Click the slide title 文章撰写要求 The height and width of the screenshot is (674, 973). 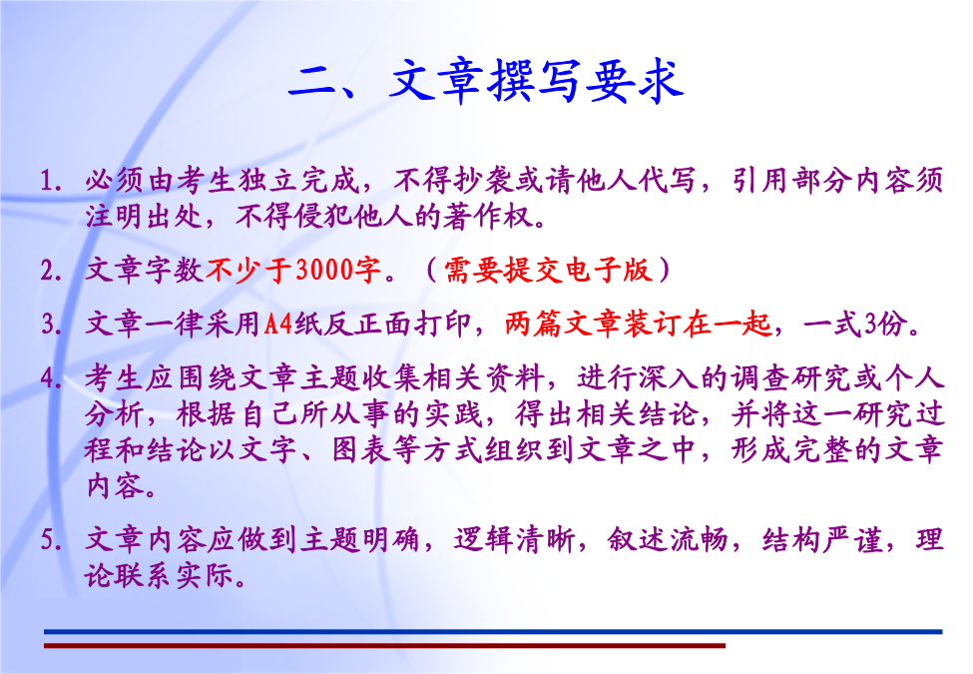pos(537,81)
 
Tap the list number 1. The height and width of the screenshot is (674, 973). pos(51,181)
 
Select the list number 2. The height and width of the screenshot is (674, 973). pos(51,271)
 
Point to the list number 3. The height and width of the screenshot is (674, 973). pos(51,324)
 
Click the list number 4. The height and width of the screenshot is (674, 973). pos(51,378)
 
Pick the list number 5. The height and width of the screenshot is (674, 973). pos(51,539)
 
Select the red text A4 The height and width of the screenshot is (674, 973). pos(278,324)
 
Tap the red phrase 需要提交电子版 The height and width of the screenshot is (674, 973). pos(548,271)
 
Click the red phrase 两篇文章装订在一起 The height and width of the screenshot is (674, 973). pos(638,324)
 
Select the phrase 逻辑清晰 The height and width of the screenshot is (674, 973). pos(514,539)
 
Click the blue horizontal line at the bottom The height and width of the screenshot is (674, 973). pos(493,632)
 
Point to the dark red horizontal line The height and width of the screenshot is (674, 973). pos(385,646)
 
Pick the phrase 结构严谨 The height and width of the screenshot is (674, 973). pos(822,539)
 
